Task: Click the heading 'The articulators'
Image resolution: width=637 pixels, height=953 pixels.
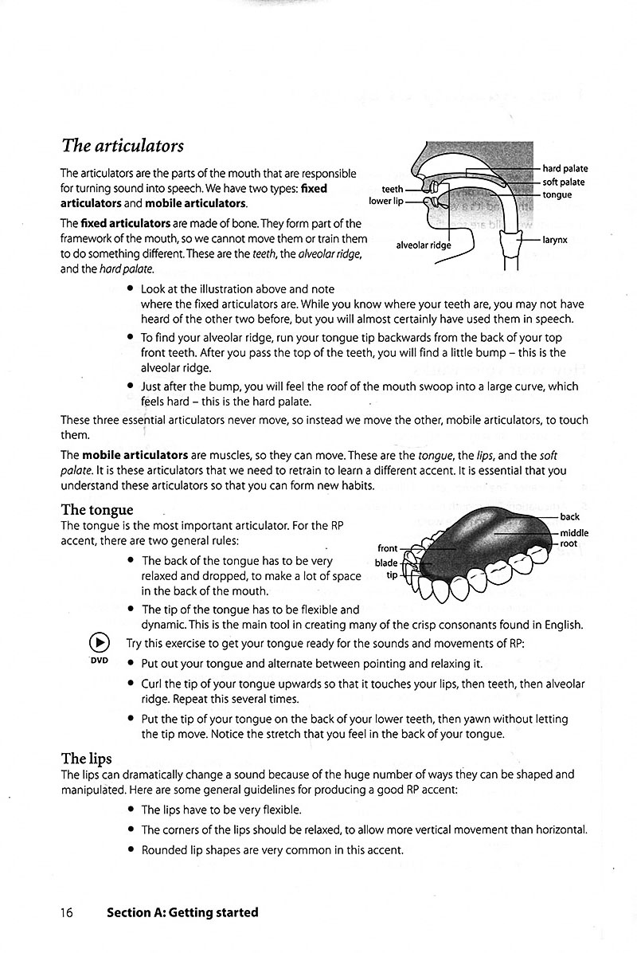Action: [122, 146]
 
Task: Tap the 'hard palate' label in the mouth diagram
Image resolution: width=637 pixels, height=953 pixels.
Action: [565, 168]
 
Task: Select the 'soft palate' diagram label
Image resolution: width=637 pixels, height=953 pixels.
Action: [563, 182]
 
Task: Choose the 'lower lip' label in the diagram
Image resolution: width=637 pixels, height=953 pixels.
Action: [386, 202]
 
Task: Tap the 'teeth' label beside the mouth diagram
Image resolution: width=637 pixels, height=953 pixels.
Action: [393, 190]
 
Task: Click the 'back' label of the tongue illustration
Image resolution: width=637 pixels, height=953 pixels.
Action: [569, 517]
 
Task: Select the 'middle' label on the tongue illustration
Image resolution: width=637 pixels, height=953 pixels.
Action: [574, 532]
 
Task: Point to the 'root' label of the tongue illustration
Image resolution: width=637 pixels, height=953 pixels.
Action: [569, 543]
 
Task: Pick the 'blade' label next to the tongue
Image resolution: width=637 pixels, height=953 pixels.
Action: [385, 563]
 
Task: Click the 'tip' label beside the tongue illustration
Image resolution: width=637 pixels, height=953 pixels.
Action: [391, 575]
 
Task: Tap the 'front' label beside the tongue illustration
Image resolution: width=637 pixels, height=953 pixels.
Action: [387, 548]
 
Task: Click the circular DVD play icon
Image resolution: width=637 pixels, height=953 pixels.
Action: [99, 643]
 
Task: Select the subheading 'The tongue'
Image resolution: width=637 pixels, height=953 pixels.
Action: [97, 509]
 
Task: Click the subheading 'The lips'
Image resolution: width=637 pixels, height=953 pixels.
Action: [87, 758]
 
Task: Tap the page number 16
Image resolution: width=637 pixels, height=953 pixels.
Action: [66, 912]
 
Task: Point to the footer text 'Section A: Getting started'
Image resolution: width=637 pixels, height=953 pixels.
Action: [182, 912]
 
